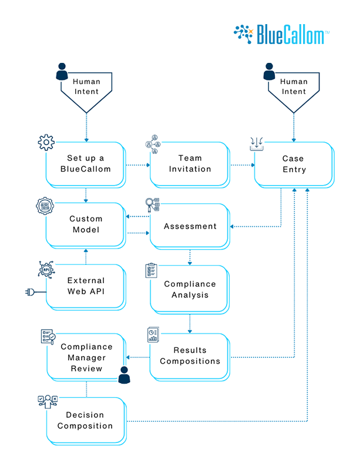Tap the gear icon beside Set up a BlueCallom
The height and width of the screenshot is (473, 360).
coord(46,142)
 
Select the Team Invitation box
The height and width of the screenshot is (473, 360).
coord(189,164)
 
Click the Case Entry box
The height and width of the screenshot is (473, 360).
coord(292,164)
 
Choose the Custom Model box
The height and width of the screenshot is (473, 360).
coord(86,224)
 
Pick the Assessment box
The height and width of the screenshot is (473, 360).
coord(189,226)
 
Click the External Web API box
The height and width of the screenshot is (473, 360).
coord(86,286)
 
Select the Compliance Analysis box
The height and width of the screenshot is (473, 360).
coord(189,289)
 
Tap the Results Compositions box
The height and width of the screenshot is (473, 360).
coord(189,356)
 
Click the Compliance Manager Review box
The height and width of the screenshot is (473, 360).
coord(86,358)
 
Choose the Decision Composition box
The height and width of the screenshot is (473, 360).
coord(86,420)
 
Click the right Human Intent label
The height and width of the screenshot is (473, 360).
coord(293,87)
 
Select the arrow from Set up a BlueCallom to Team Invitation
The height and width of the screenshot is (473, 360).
coord(138,165)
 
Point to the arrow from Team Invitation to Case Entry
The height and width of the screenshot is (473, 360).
coord(241,165)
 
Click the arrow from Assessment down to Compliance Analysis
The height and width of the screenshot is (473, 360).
coord(190,257)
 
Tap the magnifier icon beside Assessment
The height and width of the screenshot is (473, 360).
coord(152,204)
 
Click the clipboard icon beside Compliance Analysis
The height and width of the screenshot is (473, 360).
coord(151,271)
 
